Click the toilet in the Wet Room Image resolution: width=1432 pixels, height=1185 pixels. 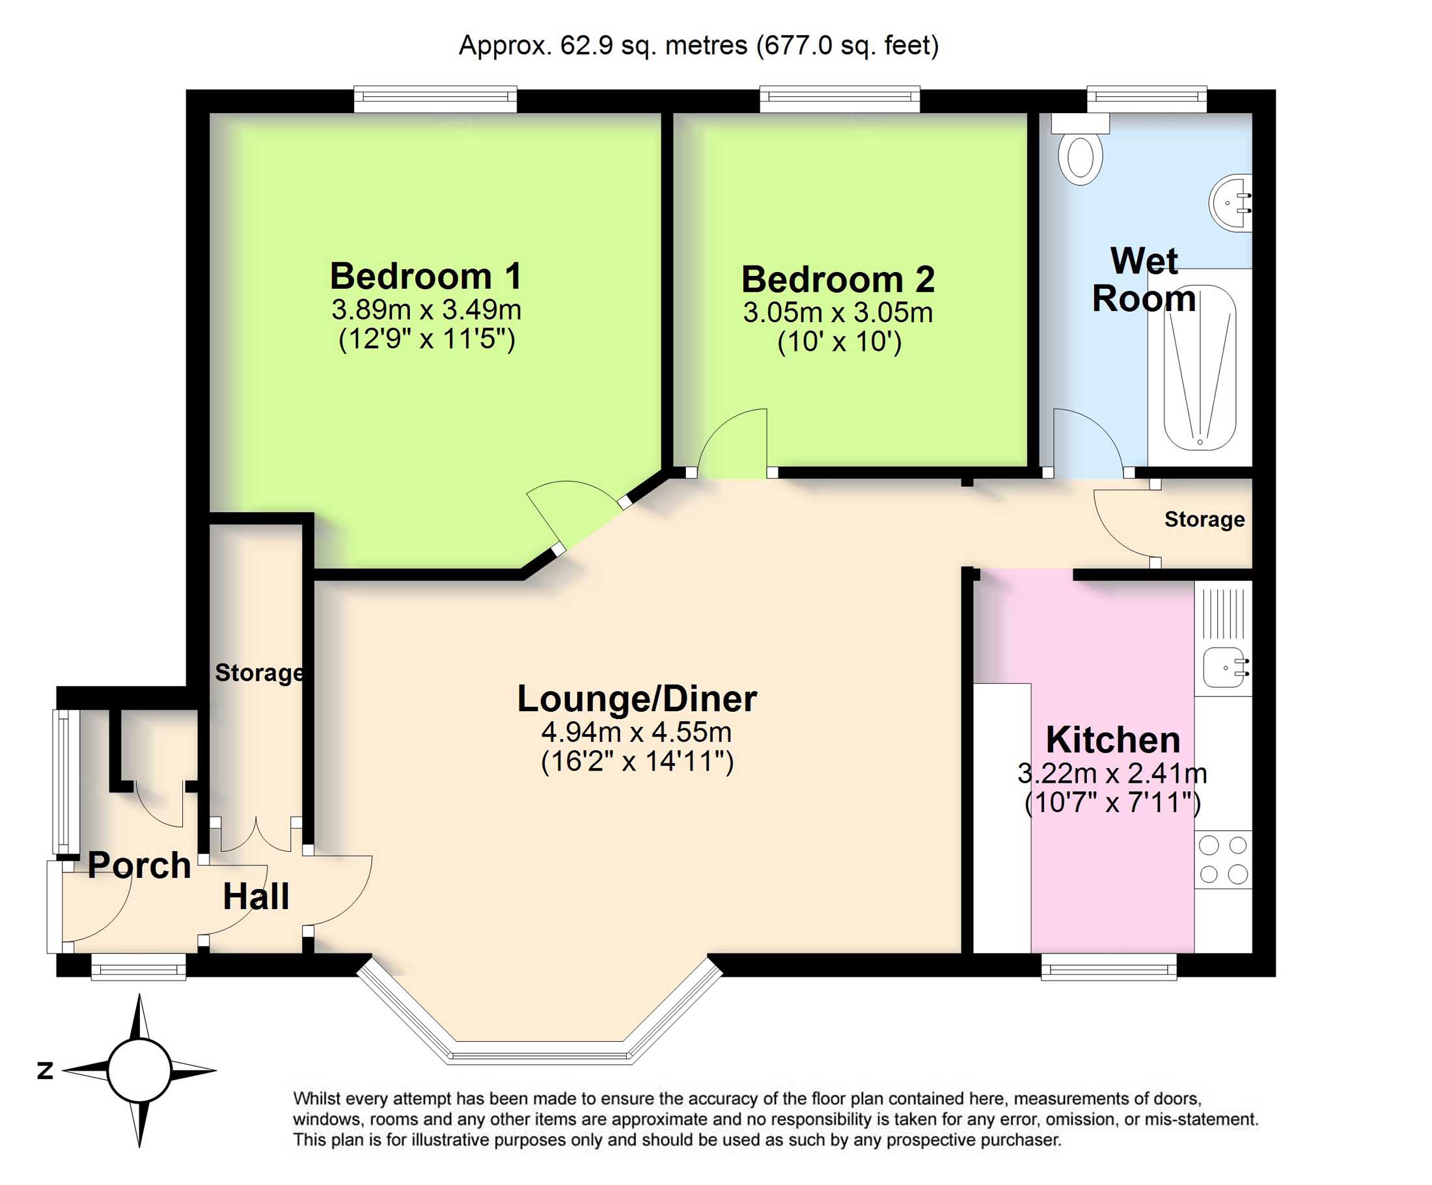(x=1081, y=156)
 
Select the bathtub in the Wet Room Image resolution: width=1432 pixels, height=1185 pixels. (x=1200, y=368)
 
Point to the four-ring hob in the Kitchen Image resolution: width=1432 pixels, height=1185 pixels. (x=1222, y=860)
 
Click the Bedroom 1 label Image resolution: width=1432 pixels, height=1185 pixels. (x=426, y=276)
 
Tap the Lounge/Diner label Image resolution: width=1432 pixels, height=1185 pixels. (x=636, y=699)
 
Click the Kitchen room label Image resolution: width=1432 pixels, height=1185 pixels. (x=1113, y=740)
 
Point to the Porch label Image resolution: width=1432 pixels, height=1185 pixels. (x=139, y=865)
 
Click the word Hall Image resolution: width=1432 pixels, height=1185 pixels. (x=256, y=897)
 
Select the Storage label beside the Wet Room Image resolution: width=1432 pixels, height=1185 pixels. (x=1204, y=519)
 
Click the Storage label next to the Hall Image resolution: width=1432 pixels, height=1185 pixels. (x=259, y=673)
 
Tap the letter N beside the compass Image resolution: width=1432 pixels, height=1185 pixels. (x=45, y=1070)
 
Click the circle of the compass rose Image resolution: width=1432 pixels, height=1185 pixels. (x=139, y=1070)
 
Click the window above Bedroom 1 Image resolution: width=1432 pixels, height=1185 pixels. (x=435, y=100)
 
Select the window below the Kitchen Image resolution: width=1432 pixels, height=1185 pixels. (x=1108, y=966)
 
